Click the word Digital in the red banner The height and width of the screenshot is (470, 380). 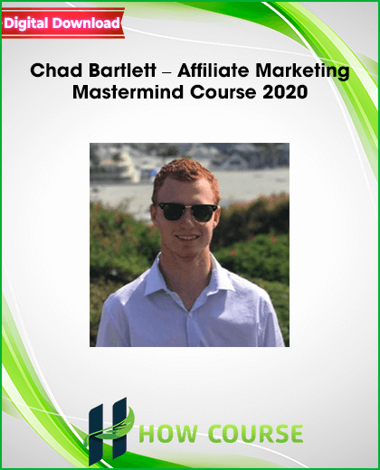tap(26, 23)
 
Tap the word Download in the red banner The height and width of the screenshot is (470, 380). tap(86, 23)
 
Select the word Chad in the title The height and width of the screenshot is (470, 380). tap(56, 70)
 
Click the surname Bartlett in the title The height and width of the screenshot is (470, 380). tap(122, 70)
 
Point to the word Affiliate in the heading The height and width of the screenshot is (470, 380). tap(214, 70)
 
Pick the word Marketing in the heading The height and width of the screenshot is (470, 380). tap(302, 72)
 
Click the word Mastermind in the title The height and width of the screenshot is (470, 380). tap(128, 92)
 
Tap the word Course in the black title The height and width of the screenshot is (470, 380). tap(223, 92)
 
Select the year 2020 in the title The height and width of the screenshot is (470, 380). tap(285, 92)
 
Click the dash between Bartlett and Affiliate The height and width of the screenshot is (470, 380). tap(166, 72)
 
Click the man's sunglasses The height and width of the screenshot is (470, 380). tap(188, 211)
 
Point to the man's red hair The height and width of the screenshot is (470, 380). tap(185, 174)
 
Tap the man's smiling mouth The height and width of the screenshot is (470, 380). tap(186, 238)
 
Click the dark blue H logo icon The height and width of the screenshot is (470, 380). tap(108, 431)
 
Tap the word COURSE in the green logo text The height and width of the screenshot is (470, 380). tap(256, 434)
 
